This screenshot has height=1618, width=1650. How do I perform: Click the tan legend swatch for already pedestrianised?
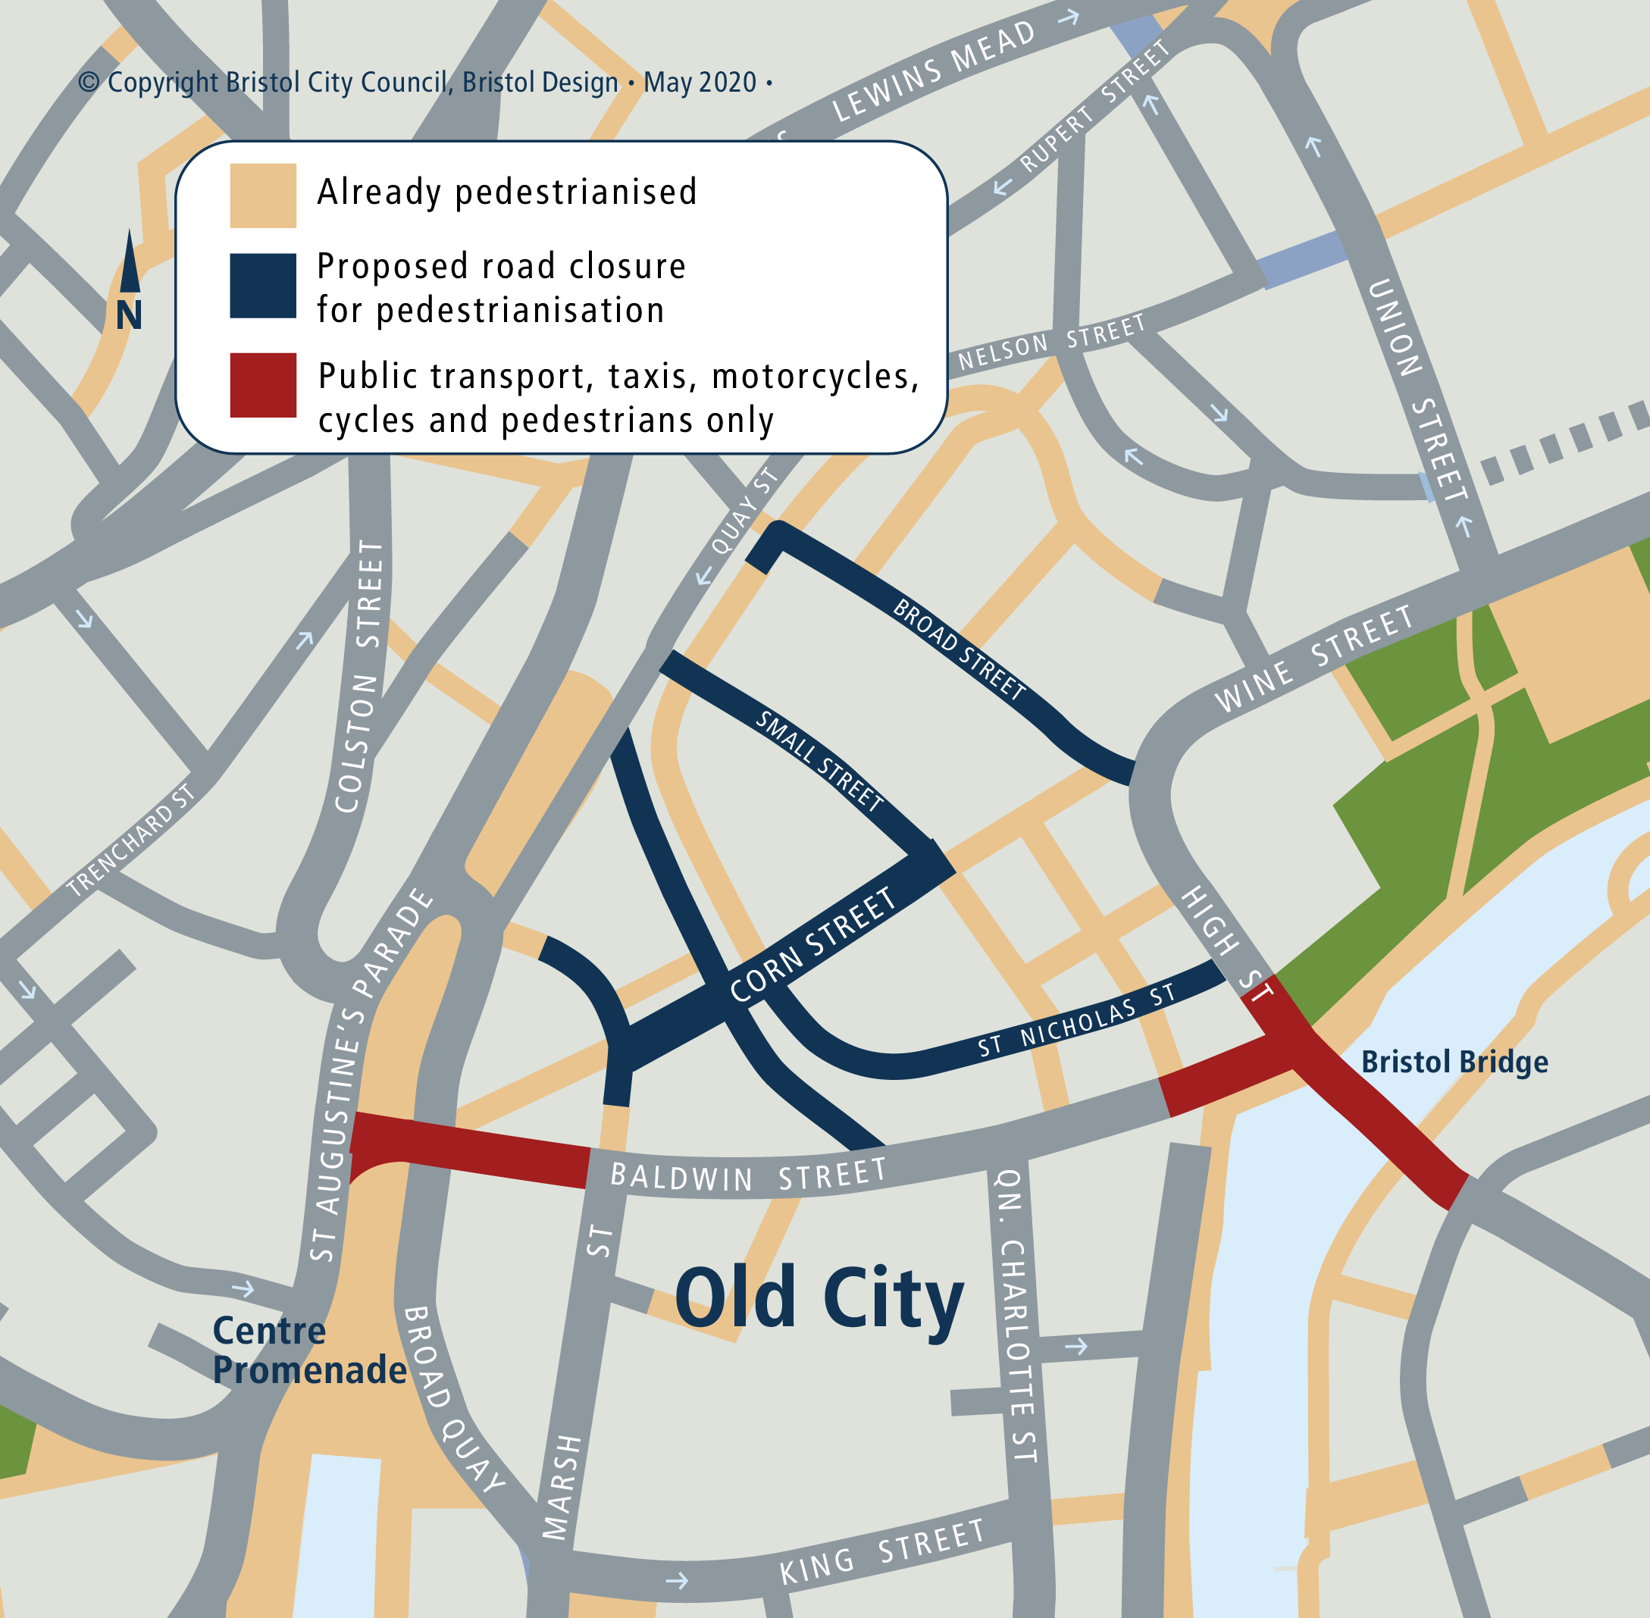click(263, 196)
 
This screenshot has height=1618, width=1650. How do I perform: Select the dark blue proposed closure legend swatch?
click(263, 286)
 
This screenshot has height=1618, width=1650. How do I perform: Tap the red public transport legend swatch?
click(263, 385)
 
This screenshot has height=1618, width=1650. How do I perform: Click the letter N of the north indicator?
click(129, 316)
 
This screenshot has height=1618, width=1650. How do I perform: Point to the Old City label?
click(819, 1297)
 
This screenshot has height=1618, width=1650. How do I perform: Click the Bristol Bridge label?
click(1454, 1062)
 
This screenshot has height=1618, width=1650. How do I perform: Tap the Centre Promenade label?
click(309, 1350)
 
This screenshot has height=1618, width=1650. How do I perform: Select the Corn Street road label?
click(812, 944)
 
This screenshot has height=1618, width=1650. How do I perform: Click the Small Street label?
click(819, 761)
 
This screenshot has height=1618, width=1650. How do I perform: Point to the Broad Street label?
click(958, 649)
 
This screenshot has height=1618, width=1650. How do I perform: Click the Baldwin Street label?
click(748, 1175)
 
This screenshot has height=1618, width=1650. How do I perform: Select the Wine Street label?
click(1313, 659)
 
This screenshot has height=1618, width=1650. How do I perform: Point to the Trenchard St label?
click(131, 840)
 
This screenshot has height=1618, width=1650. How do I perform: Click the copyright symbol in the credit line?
click(89, 83)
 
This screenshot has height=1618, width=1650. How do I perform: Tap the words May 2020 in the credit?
click(700, 83)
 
